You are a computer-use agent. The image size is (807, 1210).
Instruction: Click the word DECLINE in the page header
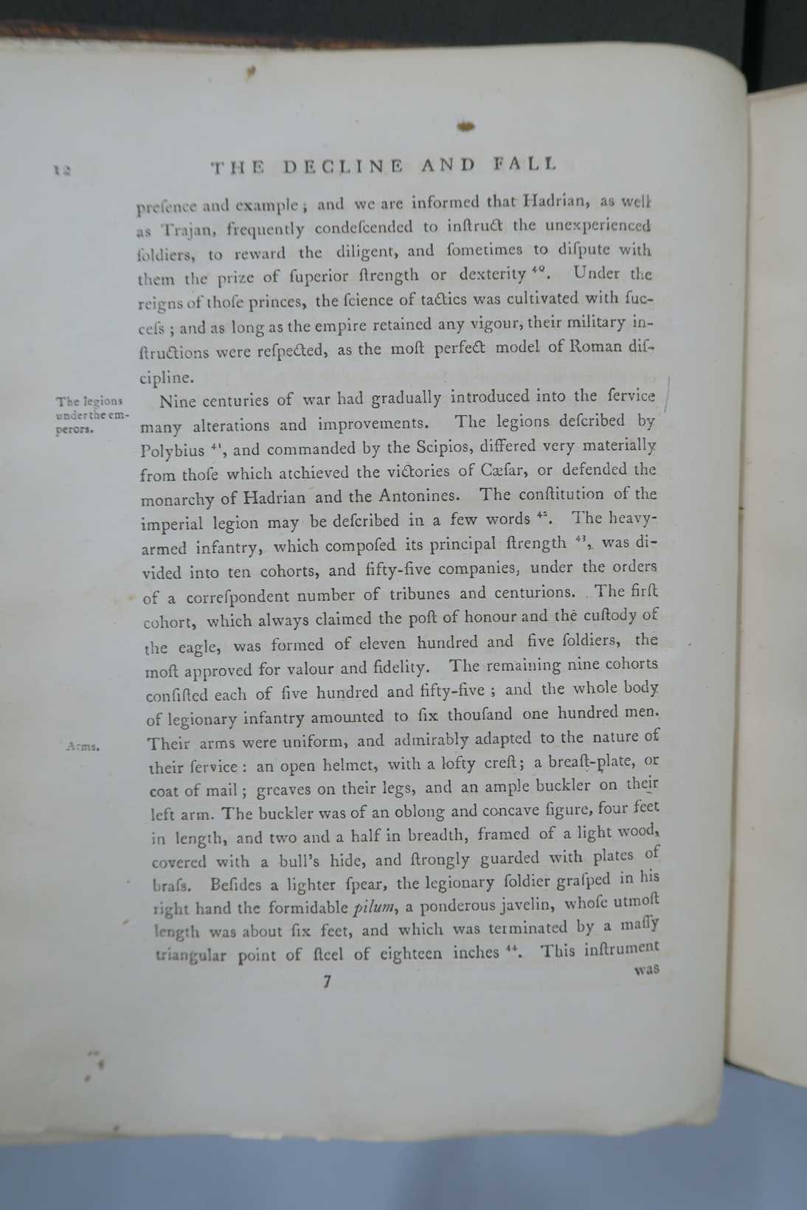tap(344, 167)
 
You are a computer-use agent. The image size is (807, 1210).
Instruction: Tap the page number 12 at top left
tap(61, 170)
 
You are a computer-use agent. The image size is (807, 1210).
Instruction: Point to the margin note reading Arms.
tap(83, 745)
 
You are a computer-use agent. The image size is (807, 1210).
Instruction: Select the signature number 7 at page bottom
tap(327, 981)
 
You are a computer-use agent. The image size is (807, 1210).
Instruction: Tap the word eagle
tap(198, 647)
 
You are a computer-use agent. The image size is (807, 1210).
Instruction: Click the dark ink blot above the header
tap(465, 126)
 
